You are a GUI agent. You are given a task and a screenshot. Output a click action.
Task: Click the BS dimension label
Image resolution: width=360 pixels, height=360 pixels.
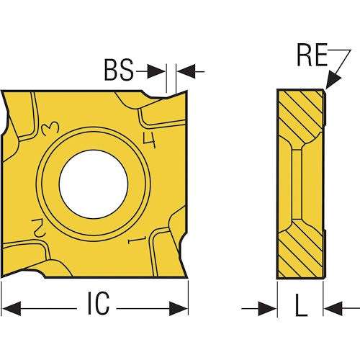tap(119, 70)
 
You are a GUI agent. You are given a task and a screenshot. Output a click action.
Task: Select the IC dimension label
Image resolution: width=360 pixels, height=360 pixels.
tap(99, 303)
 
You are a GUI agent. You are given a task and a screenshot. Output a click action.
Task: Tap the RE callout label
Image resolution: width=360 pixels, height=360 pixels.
tap(312, 55)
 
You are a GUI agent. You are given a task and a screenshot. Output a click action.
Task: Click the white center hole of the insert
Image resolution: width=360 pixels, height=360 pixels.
tap(94, 184)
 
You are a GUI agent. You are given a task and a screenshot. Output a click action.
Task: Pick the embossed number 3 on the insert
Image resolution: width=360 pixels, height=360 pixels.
tap(50, 128)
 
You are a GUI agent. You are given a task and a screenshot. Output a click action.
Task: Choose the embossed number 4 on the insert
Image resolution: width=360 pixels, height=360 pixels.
tap(149, 140)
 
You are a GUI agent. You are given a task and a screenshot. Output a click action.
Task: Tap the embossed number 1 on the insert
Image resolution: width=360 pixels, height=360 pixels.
tap(138, 240)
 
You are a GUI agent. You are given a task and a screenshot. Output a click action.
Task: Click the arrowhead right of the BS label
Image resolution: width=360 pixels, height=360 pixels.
tap(156, 71)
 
